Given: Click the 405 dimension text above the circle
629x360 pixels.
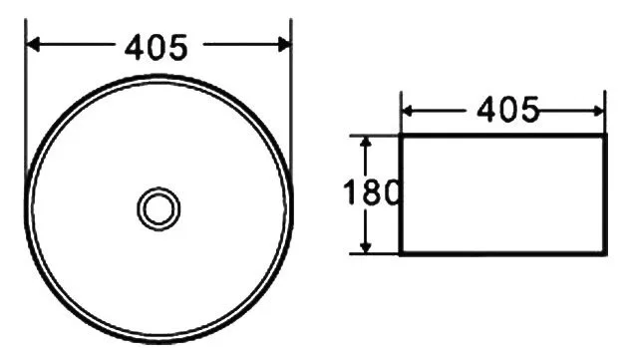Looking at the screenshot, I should point(157,46).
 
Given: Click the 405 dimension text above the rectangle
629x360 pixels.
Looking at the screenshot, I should point(507,108).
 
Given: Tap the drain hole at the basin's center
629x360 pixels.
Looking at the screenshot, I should point(157,207).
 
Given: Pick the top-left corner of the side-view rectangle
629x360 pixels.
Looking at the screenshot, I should point(401,134).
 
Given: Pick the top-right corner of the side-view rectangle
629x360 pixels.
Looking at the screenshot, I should point(605,134).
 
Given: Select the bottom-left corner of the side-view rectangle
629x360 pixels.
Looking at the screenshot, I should point(401,254).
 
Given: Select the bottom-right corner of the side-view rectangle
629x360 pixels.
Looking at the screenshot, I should point(605,254).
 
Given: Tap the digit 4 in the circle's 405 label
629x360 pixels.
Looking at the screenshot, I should point(134,46).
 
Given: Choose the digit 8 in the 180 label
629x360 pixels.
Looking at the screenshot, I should point(370,192).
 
